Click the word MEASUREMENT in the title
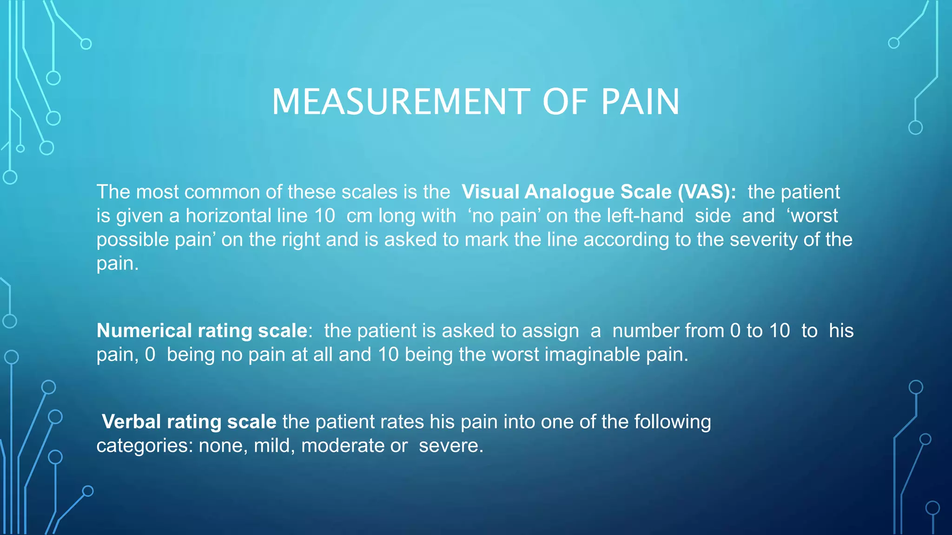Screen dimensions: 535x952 pyautogui.click(x=400, y=102)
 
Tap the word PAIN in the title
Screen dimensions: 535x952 pyautogui.click(x=640, y=102)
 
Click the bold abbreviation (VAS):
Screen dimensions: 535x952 pyautogui.click(x=707, y=192)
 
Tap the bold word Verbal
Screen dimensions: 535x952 pyautogui.click(x=132, y=422)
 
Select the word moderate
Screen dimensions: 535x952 pyautogui.click(x=343, y=446)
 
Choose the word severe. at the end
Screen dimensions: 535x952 pyautogui.click(x=451, y=446)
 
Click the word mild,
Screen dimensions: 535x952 pyautogui.click(x=274, y=446)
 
